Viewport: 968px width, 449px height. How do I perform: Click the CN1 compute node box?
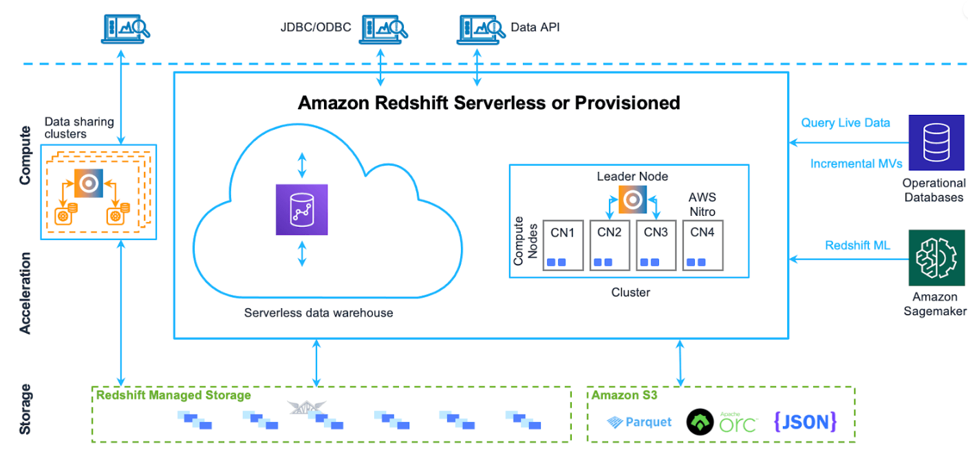pos(562,245)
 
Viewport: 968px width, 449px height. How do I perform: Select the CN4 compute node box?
pos(702,245)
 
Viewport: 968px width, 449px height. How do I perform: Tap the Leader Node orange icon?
pos(632,199)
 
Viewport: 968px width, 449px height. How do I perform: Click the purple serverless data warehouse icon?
pos(301,210)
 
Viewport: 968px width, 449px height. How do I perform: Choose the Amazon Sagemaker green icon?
pos(934,258)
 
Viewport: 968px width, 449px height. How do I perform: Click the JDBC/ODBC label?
pos(316,28)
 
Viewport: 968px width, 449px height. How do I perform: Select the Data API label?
pos(535,28)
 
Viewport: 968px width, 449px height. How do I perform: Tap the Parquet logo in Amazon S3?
pos(640,421)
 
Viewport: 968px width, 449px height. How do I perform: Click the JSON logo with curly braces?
pos(805,421)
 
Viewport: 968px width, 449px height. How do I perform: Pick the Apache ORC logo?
pos(722,421)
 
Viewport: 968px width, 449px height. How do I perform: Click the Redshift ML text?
pos(857,245)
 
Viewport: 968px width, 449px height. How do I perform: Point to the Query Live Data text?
pos(846,123)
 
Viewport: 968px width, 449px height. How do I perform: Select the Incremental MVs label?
pos(856,164)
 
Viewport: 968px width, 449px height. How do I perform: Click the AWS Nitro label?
pos(702,204)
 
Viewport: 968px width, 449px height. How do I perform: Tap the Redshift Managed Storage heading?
pos(173,395)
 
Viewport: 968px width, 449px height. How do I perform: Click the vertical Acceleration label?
pos(25,293)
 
